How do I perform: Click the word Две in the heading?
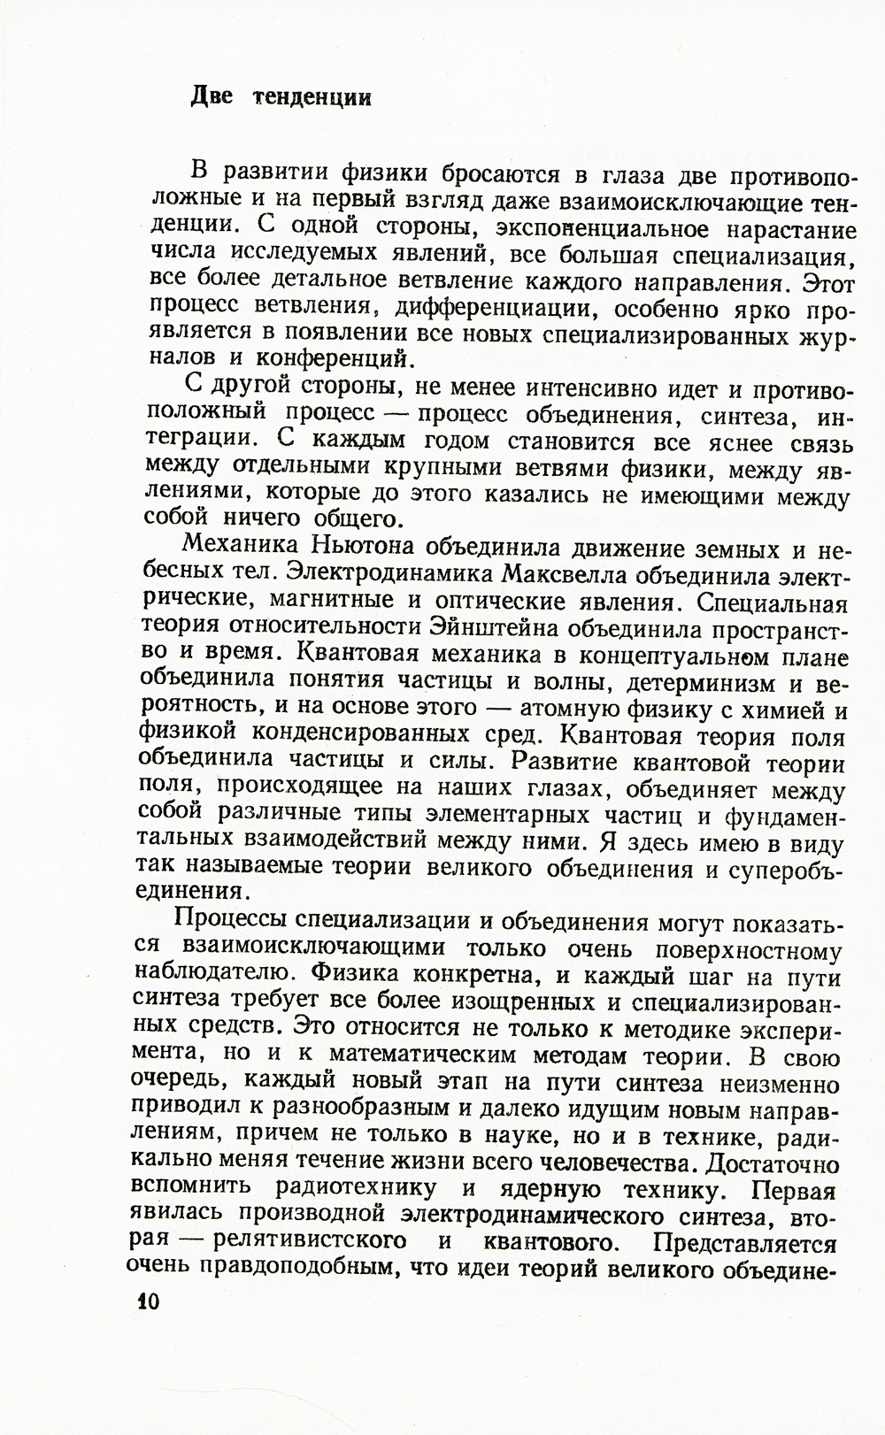click(x=212, y=96)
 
